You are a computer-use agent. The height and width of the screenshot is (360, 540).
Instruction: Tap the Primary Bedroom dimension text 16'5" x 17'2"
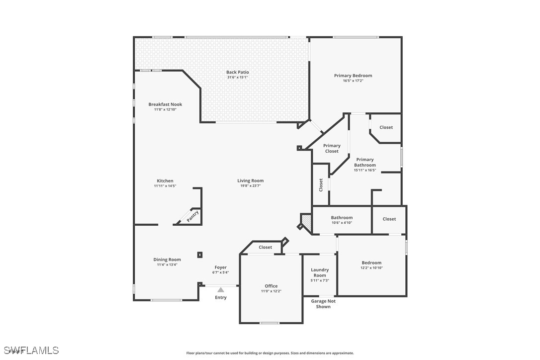(x=353, y=81)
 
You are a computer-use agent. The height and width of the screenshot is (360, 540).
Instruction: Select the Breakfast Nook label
(x=165, y=104)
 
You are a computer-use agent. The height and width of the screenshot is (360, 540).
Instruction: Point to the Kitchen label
(x=165, y=181)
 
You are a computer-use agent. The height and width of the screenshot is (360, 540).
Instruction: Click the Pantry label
(x=192, y=216)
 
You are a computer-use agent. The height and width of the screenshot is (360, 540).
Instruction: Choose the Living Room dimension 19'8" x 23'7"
(x=250, y=186)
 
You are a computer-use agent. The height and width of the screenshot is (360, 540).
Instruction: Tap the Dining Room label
(x=167, y=260)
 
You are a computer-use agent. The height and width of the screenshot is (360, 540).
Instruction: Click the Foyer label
(x=220, y=268)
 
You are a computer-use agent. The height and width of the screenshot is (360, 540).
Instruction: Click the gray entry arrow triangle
(x=220, y=289)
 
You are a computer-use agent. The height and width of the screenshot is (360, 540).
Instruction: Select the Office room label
(x=271, y=286)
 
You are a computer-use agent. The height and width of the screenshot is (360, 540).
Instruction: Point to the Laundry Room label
(x=320, y=272)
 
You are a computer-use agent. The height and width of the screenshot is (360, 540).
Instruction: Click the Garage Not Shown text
(x=323, y=304)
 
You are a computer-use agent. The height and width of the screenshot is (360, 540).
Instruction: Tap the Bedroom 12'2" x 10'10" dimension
(x=371, y=268)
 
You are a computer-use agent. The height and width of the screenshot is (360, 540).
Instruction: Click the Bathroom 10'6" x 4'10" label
(x=342, y=218)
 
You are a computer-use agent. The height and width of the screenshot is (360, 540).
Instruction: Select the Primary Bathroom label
(x=365, y=162)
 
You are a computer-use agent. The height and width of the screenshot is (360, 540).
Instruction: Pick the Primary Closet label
(x=332, y=148)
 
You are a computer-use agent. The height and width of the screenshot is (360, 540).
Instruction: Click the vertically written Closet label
(x=321, y=185)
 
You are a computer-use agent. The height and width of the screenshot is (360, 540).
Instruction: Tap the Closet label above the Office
(x=266, y=247)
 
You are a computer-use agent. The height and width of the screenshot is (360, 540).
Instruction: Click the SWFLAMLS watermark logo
(x=30, y=351)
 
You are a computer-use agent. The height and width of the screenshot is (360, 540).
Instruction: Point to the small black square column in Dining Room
(x=200, y=255)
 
